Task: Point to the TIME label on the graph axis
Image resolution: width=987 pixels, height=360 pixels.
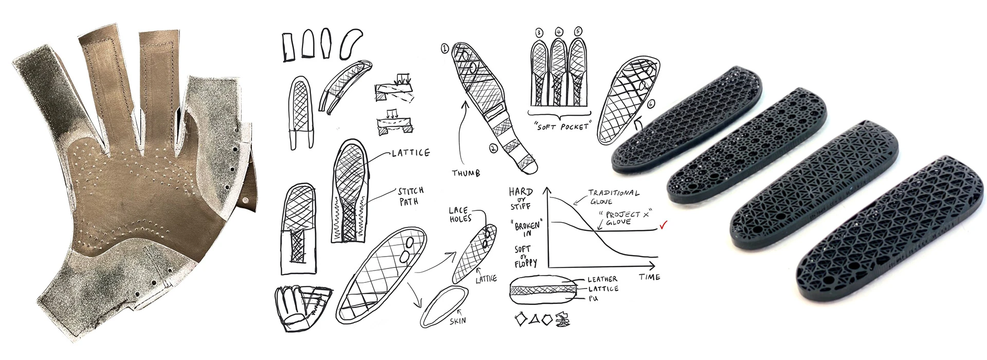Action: (x=649, y=277)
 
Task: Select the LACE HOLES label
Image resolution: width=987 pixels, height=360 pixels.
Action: (x=458, y=215)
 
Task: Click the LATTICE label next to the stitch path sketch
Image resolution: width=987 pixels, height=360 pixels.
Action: (x=410, y=153)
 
